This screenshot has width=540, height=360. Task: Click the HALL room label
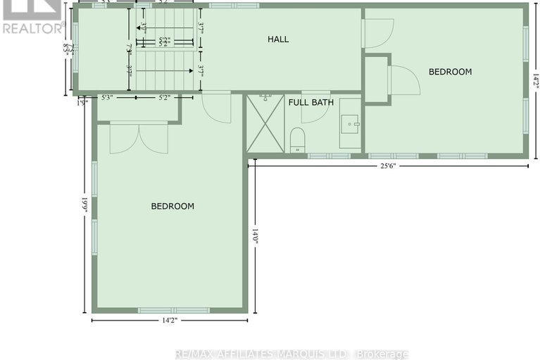coord(278,39)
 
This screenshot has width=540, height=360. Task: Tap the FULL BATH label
coord(311,103)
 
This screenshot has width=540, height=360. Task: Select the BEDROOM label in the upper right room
coord(451,72)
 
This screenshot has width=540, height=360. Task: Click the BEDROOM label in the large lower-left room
coord(172,206)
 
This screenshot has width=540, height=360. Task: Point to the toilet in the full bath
coord(297,138)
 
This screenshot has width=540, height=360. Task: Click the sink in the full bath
coord(350,124)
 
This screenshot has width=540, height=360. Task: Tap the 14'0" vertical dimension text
coord(255,237)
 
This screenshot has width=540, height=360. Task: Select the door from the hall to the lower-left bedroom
coord(216,107)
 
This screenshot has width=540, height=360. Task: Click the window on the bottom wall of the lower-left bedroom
coord(173,310)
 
